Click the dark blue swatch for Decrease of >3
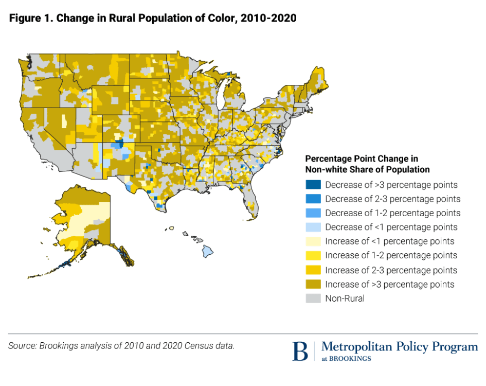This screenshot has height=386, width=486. point(313,184)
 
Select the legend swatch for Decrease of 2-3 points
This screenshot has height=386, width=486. point(313,199)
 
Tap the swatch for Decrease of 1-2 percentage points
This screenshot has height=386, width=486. point(313,213)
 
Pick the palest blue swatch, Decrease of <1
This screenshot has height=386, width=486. point(313,227)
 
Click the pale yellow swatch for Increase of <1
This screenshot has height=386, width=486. point(313,241)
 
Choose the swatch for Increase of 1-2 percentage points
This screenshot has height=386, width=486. point(313,255)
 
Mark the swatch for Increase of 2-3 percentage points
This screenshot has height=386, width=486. point(313,270)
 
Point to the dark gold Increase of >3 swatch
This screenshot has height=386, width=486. point(313,284)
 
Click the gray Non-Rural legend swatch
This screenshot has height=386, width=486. point(313,298)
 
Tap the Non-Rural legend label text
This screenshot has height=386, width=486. point(345,299)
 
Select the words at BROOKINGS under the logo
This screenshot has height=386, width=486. point(346,359)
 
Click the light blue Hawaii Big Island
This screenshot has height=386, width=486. point(207,252)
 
